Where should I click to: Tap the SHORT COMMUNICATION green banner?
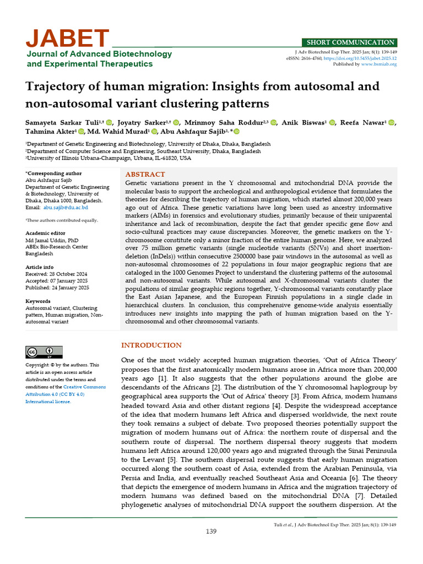click(350, 42)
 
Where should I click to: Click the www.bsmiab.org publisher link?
click(378, 64)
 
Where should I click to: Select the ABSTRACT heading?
click(145, 174)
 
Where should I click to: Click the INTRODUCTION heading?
click(151, 345)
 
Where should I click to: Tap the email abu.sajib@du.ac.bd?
click(66, 208)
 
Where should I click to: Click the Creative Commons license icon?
click(44, 352)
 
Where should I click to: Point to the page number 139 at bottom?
click(211, 531)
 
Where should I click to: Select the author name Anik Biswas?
click(302, 122)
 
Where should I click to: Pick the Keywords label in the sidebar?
click(38, 301)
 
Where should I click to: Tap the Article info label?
click(39, 267)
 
